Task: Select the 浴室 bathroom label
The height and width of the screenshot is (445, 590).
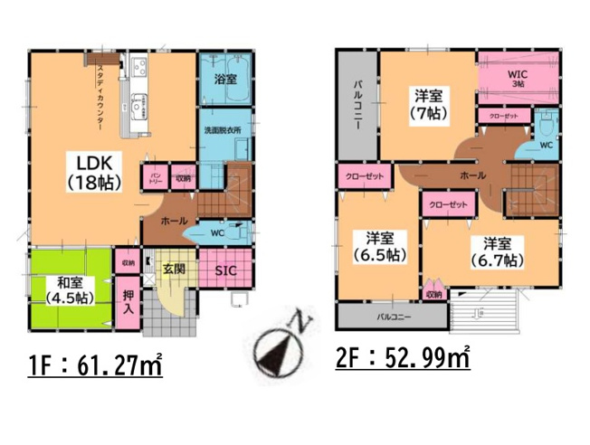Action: point(225,80)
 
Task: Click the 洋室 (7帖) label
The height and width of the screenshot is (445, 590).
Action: point(427,103)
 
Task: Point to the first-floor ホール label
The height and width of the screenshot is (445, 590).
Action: point(174,220)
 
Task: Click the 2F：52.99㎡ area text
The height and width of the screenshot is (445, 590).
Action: point(404,359)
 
